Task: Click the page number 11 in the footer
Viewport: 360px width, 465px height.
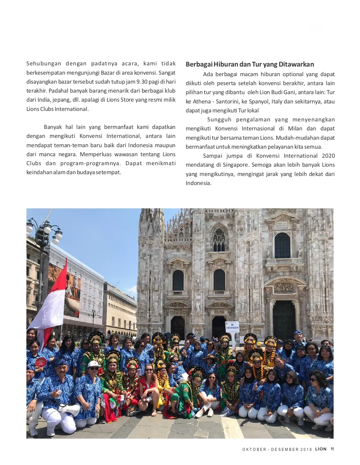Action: tap(332, 449)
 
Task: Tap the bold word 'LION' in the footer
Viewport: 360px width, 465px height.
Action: tap(321, 449)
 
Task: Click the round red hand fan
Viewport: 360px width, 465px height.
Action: tap(41, 362)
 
